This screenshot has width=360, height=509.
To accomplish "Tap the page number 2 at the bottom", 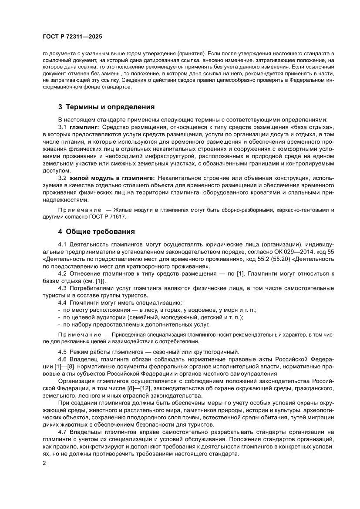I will [44, 463].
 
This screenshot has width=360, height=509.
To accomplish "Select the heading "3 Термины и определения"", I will [106, 107].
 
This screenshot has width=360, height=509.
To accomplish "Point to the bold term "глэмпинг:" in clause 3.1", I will [84, 127].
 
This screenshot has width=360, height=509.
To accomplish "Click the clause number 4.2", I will [64, 273].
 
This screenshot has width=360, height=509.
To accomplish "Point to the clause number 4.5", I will [64, 352].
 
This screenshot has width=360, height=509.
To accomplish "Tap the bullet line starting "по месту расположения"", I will [159, 310].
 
